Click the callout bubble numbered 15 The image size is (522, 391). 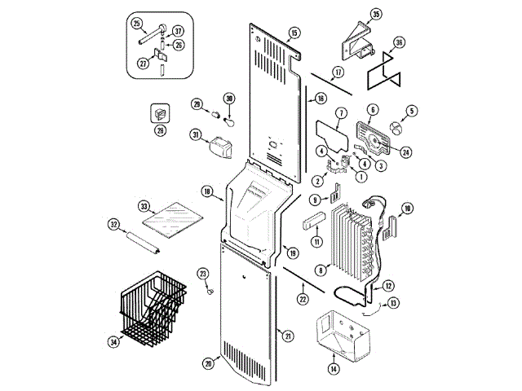(x=294, y=33)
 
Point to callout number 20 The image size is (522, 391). (x=209, y=365)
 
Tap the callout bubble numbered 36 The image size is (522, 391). (x=399, y=43)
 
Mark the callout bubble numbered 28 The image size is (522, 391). (x=160, y=130)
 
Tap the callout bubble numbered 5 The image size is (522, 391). (x=412, y=111)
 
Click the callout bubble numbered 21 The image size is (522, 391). (x=287, y=335)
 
